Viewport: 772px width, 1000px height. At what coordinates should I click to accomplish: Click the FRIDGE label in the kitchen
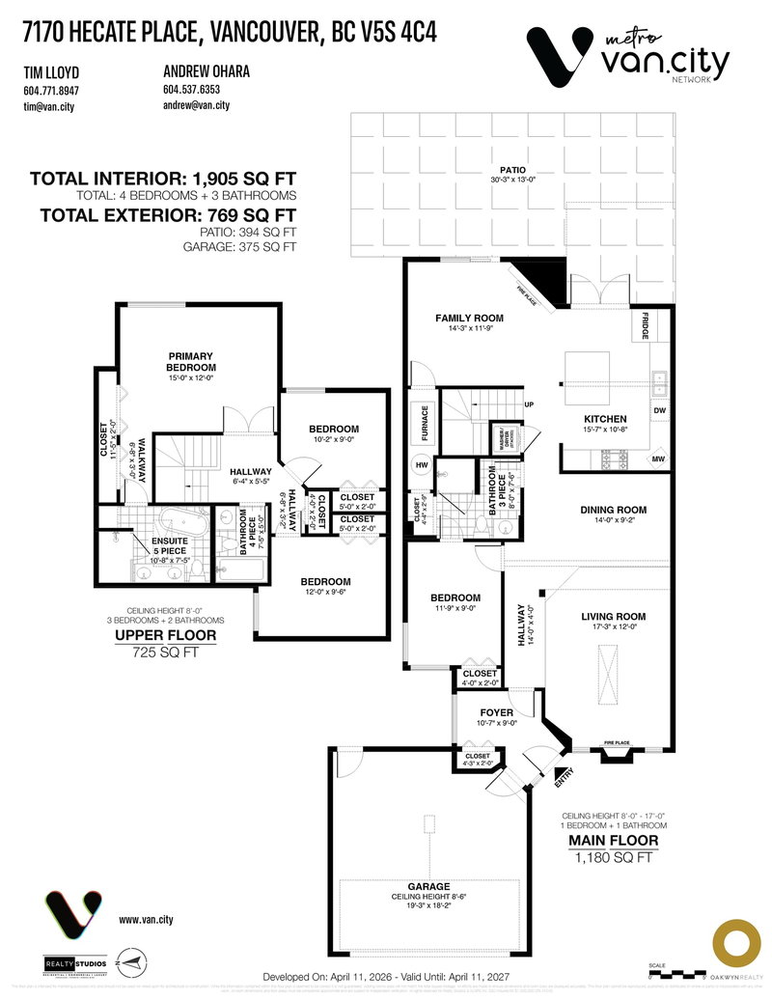click(645, 326)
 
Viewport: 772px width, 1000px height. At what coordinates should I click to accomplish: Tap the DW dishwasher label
click(659, 410)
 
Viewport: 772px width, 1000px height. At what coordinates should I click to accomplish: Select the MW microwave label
click(659, 458)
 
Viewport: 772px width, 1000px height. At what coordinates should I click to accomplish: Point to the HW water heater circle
click(421, 464)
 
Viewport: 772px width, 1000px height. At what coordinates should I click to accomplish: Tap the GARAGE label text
click(428, 885)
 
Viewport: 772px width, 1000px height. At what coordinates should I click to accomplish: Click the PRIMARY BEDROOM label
click(190, 361)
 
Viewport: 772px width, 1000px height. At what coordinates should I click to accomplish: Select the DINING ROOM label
click(613, 510)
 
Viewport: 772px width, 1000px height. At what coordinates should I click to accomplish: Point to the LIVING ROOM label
click(613, 616)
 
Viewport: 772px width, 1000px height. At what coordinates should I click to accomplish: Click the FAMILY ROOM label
click(470, 318)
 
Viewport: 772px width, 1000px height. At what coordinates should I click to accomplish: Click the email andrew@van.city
click(198, 104)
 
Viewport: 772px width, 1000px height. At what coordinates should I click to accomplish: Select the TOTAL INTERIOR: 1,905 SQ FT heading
click(162, 179)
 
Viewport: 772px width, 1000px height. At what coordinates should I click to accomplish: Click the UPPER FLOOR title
click(165, 636)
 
